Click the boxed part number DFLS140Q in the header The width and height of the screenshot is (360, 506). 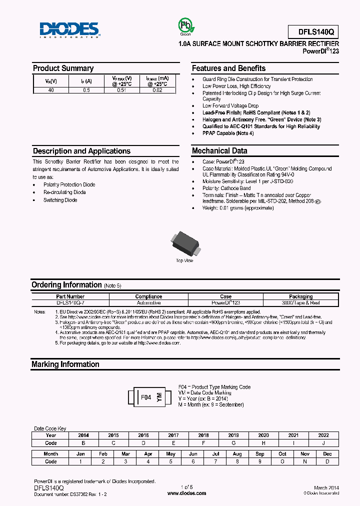[313, 32]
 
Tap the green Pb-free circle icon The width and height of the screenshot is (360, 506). [185, 25]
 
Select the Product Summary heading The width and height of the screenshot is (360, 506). [63, 68]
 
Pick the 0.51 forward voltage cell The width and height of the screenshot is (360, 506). [122, 90]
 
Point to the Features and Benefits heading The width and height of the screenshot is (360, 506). [228, 68]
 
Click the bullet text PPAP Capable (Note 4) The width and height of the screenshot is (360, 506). [228, 133]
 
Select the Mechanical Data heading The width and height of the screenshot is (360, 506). [219, 150]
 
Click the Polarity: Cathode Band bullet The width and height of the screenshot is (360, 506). [227, 188]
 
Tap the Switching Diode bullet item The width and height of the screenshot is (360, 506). [60, 200]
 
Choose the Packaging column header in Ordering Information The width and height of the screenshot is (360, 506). [300, 296]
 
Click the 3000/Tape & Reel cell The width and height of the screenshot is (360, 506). [300, 303]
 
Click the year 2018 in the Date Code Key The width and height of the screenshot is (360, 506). [203, 435]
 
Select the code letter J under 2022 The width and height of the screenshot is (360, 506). [323, 443]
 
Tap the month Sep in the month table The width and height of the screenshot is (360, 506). [259, 454]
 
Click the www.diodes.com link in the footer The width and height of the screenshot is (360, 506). [186, 493]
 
